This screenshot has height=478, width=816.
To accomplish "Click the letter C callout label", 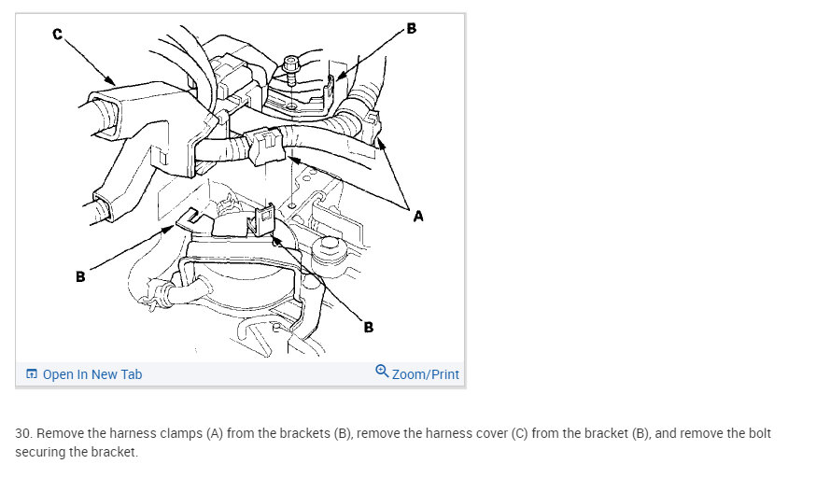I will click(x=57, y=35).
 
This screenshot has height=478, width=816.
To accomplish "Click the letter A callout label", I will click(x=417, y=217).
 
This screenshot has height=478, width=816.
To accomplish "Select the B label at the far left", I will click(x=81, y=276).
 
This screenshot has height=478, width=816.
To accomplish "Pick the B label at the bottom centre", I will click(x=369, y=327).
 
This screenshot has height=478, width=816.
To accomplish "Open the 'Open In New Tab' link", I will click(x=92, y=374).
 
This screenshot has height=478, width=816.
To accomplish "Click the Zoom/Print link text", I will click(x=426, y=374).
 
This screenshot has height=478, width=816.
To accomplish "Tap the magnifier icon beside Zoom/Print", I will click(x=382, y=373).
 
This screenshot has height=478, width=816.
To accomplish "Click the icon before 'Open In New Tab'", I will click(x=32, y=374).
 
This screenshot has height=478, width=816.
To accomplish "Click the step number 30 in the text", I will click(x=22, y=434).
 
